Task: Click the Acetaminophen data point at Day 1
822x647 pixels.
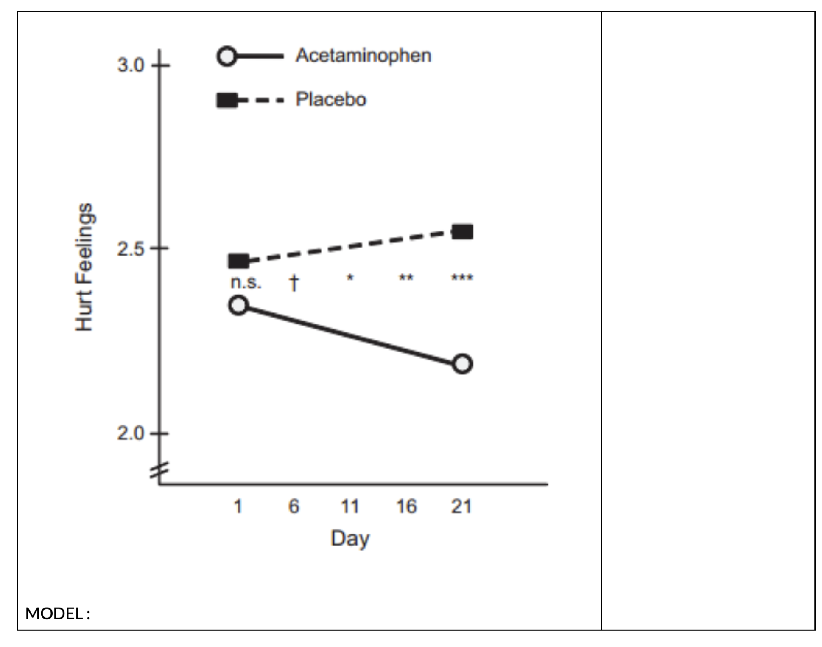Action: (x=238, y=305)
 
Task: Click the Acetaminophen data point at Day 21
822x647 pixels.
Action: (x=462, y=364)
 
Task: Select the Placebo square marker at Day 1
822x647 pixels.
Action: (x=238, y=261)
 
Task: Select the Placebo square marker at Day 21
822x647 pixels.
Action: (x=462, y=232)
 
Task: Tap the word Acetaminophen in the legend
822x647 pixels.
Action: (x=363, y=56)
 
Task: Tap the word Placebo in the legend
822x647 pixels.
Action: (x=331, y=100)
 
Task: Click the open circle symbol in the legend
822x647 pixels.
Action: (x=227, y=56)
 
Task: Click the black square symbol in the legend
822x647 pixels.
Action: (x=227, y=101)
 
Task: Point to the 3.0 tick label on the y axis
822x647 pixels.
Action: (x=131, y=65)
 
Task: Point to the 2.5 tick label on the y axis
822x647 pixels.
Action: (x=131, y=249)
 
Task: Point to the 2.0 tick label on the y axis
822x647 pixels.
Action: (x=131, y=433)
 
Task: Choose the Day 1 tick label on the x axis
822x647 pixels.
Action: (x=238, y=506)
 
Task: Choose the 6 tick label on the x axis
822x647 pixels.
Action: (x=294, y=506)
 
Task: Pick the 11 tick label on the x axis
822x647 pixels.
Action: (x=350, y=506)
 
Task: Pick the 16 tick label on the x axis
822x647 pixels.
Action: (x=406, y=506)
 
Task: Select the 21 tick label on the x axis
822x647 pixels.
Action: (x=461, y=506)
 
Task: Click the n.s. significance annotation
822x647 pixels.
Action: (x=246, y=282)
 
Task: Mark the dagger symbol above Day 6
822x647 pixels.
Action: (x=294, y=282)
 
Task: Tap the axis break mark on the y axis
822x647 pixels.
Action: (x=159, y=470)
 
